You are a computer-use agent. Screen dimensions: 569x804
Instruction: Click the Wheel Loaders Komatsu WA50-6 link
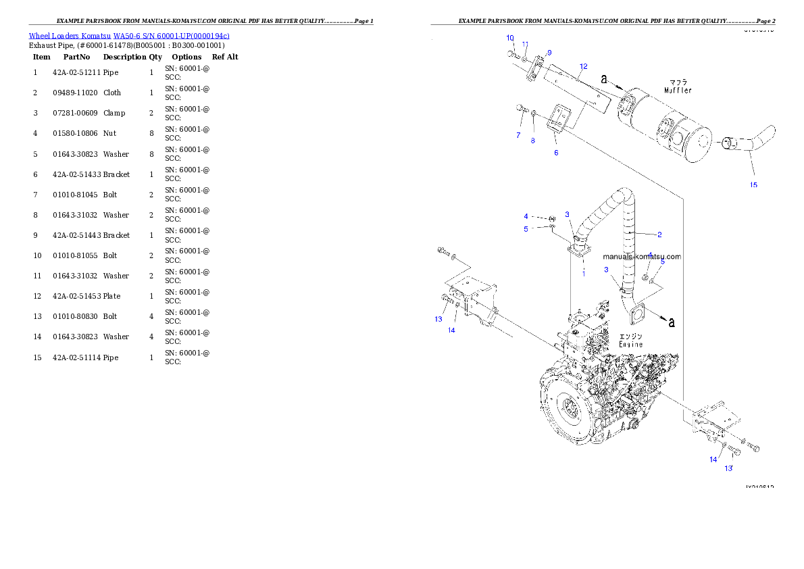click(x=128, y=36)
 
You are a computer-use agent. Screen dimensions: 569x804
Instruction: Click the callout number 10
click(x=510, y=38)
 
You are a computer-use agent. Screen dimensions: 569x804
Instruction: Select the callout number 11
click(x=525, y=44)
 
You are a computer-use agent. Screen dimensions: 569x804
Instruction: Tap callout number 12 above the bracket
click(x=584, y=66)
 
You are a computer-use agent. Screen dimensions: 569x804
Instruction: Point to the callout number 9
click(x=549, y=52)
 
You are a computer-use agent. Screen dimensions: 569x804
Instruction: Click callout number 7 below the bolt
click(x=518, y=135)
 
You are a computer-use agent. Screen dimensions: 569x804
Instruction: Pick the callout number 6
click(x=556, y=153)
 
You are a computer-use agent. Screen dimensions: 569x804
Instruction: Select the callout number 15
click(x=753, y=185)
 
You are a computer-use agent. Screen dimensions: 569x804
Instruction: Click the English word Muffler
click(x=678, y=90)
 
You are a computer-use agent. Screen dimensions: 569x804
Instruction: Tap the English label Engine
click(x=631, y=344)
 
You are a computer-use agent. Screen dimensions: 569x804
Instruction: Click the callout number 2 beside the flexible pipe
click(x=659, y=234)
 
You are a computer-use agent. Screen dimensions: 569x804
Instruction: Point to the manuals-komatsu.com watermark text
click(x=642, y=257)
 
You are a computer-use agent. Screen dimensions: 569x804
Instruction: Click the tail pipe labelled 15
click(x=750, y=145)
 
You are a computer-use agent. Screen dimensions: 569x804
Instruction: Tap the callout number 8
click(x=532, y=141)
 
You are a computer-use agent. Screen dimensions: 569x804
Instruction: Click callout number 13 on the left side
click(x=438, y=319)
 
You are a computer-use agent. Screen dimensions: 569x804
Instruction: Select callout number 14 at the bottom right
click(x=713, y=460)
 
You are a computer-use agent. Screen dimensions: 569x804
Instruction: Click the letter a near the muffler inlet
click(x=604, y=79)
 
